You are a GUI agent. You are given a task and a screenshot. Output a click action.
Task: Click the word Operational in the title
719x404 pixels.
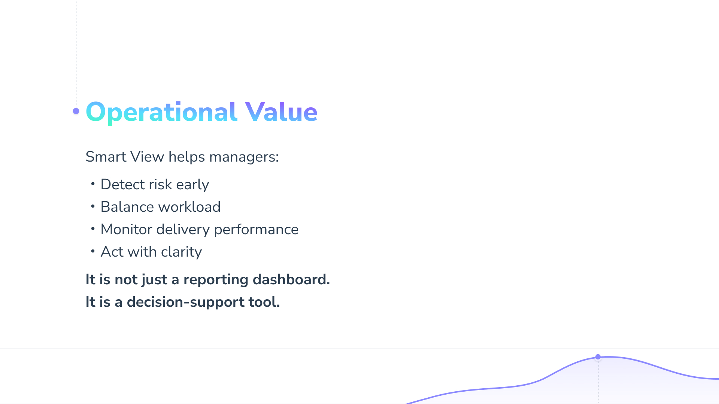coord(161,112)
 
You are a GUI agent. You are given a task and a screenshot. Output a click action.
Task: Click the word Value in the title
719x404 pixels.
coord(281,111)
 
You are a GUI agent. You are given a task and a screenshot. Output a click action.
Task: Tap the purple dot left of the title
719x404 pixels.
coord(76,111)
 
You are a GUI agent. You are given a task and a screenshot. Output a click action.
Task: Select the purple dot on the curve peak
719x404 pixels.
coord(598,357)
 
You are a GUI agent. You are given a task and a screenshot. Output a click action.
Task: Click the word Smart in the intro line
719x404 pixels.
coord(106,157)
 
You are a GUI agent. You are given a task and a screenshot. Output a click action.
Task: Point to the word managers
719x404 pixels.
coord(244,157)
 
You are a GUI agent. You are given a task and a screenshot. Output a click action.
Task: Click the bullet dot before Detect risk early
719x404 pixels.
coord(93,184)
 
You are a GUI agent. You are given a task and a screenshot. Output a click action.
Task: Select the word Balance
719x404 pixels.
coord(127,207)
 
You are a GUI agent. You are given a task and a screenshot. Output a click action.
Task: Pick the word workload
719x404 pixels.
coord(189,207)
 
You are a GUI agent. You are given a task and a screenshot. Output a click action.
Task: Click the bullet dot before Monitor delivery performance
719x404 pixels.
coord(93,229)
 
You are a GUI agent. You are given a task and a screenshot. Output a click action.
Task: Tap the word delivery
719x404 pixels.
coord(183,230)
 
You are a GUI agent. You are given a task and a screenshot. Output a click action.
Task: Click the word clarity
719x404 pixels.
coord(182,252)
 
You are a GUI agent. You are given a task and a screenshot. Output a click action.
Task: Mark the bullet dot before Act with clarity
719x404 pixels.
coord(93,251)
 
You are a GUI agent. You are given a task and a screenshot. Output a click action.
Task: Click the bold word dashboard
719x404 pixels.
coord(291,279)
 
